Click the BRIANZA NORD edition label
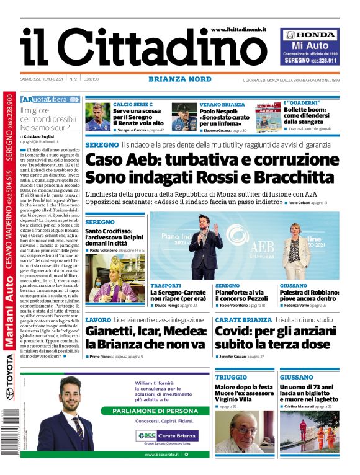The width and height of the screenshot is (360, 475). (x=180, y=79)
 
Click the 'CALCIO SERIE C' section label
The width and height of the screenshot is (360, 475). (x=132, y=104)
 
